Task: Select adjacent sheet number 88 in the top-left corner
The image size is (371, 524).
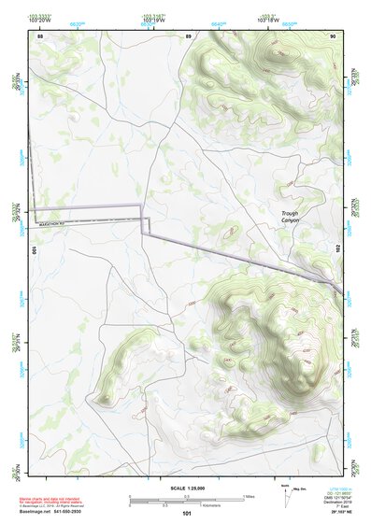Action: (x=39, y=35)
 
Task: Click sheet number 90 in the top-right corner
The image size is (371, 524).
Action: (x=334, y=35)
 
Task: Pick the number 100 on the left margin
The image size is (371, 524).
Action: (x=34, y=250)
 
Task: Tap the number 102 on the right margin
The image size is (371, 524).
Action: (x=338, y=246)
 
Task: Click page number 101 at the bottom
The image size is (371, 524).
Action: (x=187, y=513)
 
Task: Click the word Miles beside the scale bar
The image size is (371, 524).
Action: (x=249, y=496)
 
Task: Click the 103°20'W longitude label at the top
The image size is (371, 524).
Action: (x=39, y=20)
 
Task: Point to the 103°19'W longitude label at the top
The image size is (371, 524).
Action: (x=154, y=20)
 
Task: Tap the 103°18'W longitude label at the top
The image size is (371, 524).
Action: (x=268, y=20)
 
